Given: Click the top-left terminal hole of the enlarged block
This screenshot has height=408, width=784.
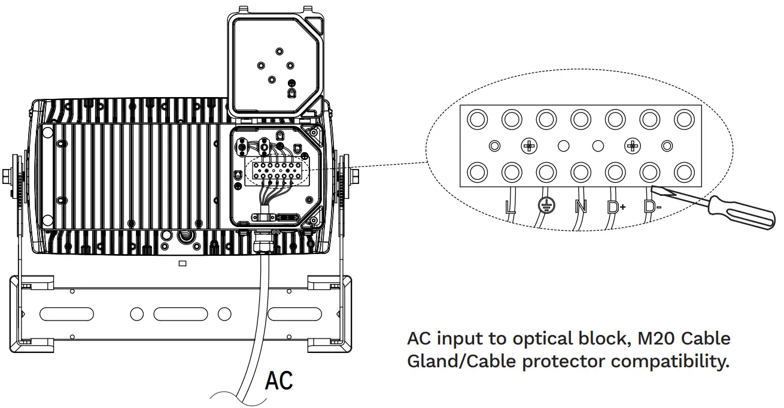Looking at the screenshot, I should tap(477, 120).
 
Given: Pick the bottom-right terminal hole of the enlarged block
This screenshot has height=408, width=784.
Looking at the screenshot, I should tap(683, 173).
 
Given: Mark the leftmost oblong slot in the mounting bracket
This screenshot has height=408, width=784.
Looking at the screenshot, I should tap(66, 313).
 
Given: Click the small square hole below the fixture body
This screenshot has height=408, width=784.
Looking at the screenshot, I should tap(183, 263).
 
